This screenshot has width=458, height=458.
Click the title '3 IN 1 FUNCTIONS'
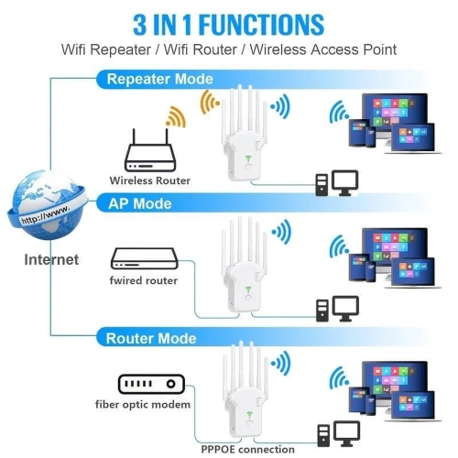click(229, 22)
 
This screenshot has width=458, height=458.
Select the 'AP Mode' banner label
click(140, 202)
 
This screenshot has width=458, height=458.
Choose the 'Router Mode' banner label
click(150, 338)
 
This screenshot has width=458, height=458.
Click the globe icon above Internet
click(45, 205)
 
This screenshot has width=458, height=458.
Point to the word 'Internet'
click(51, 260)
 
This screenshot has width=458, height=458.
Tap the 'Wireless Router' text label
click(150, 180)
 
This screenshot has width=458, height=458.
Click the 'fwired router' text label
click(144, 280)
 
